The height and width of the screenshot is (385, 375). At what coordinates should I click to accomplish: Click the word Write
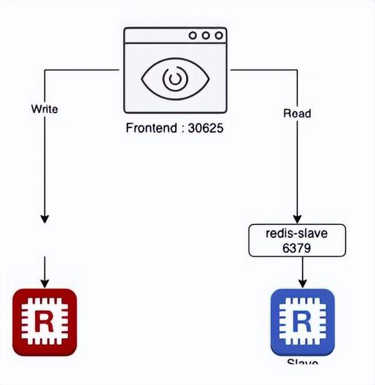44,109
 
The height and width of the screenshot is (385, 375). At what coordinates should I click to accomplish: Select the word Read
297,114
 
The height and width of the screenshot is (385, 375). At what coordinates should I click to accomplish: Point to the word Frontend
151,130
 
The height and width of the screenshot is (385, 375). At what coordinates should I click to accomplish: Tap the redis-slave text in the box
297,234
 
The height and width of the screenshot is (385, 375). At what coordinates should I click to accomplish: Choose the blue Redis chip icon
302,322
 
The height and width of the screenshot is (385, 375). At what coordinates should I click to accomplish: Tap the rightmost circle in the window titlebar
219,36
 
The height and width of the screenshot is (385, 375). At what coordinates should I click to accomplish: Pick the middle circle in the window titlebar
206,36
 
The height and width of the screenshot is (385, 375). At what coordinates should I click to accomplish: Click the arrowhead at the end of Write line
44,219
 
